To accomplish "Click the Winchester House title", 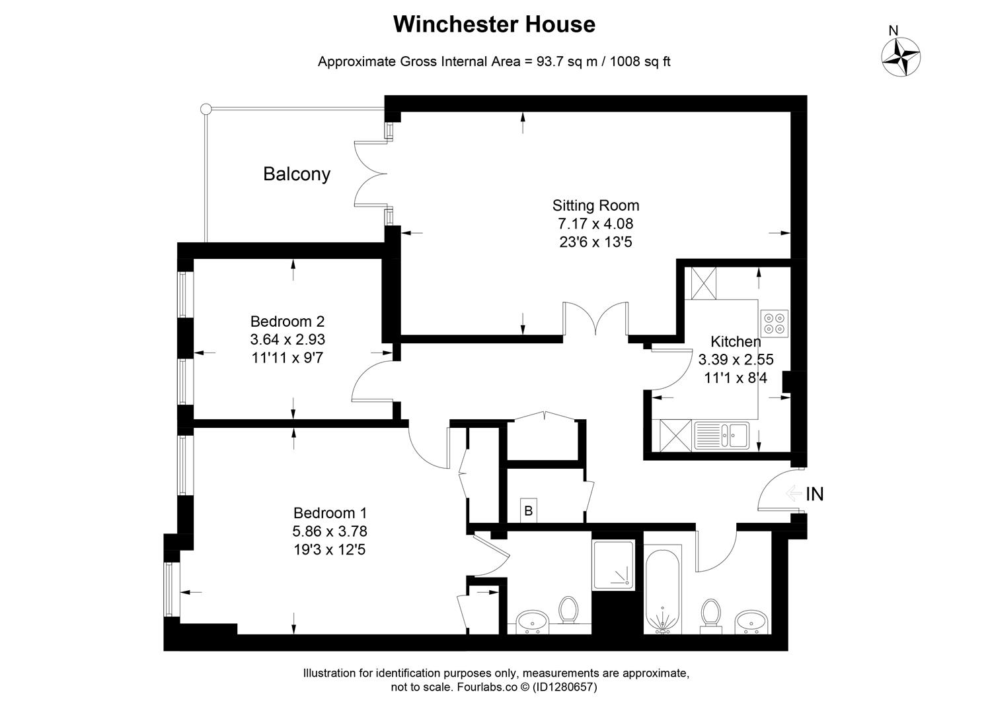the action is [494, 24].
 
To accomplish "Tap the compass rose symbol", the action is [901, 57].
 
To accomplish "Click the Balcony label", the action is [297, 174].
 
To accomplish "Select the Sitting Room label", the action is [595, 205].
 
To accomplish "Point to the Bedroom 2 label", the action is [287, 322].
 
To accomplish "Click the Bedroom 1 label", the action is [330, 513].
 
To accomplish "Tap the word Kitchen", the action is [736, 341].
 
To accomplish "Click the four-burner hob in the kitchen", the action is [774, 323].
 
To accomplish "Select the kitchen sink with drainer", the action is [722, 436].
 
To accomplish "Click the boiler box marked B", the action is [529, 510].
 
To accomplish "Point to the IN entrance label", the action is [815, 494].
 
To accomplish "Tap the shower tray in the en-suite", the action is [613, 565].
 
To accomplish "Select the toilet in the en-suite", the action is [568, 610].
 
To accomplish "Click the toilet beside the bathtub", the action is [710, 613].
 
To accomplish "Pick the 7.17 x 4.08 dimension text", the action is [595, 224].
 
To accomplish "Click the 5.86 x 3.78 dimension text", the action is [330, 531].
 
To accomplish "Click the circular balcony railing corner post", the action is [206, 109].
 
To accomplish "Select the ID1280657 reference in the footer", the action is [564, 687].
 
